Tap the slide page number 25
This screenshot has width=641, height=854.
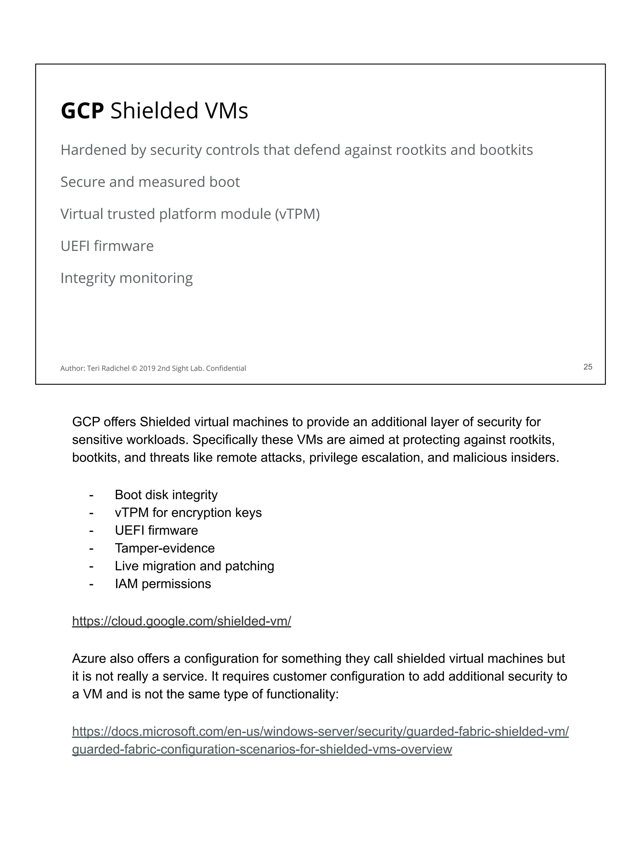[587, 367]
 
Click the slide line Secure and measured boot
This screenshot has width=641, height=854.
[150, 182]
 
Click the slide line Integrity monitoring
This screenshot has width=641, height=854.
[126, 278]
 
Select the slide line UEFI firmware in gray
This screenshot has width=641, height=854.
[107, 246]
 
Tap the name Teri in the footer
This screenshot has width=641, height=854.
[93, 368]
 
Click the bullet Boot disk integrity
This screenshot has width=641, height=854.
[166, 495]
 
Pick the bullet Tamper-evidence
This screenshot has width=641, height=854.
[165, 548]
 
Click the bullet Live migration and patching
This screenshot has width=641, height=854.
[194, 566]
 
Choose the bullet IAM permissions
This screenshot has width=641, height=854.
[163, 584]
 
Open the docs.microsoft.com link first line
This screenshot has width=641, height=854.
[320, 731]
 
